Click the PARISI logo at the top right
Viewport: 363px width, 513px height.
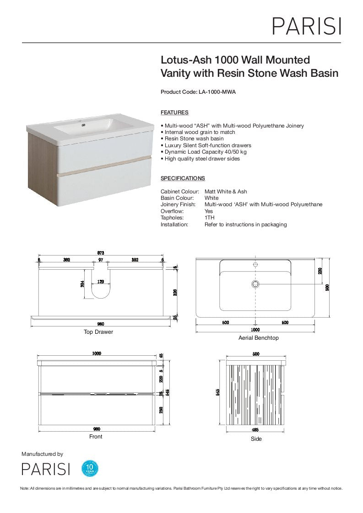[x=307, y=26]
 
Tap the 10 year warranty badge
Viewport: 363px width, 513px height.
[x=90, y=469]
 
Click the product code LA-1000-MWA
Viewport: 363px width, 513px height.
[x=217, y=92]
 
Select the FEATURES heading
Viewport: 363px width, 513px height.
[x=174, y=112]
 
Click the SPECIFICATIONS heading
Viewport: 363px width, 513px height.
[x=183, y=178]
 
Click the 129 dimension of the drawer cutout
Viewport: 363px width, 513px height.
[x=101, y=282]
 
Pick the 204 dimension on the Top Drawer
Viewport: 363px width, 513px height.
[x=83, y=284]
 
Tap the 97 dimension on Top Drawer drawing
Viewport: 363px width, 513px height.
[x=101, y=260]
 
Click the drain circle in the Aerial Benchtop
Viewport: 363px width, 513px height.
[x=255, y=284]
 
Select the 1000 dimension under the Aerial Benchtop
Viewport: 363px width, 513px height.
[x=255, y=329]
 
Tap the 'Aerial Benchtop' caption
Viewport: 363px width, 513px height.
[x=259, y=338]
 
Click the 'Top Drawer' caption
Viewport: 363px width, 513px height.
[x=98, y=332]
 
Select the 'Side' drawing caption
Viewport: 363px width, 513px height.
[x=256, y=439]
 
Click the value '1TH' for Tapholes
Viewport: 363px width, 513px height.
[x=209, y=218]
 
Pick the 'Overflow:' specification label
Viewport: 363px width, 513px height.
[x=172, y=212]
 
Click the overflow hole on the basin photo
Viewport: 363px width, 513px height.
[x=83, y=124]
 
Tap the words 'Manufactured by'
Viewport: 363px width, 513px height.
[x=42, y=454]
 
